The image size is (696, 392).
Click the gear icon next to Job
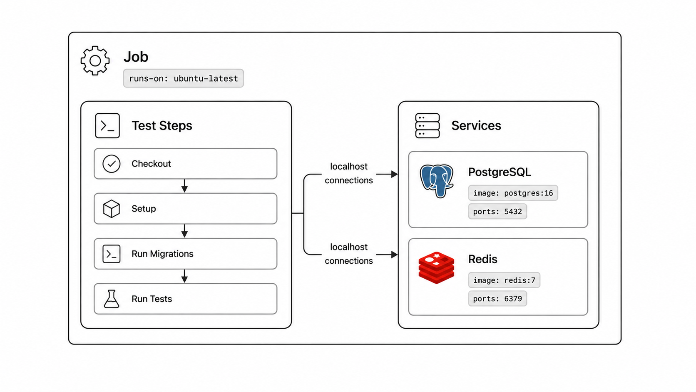[95, 61]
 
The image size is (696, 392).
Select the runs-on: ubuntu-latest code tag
[183, 78]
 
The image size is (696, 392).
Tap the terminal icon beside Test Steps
[107, 125]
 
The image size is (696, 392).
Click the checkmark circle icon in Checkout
[111, 164]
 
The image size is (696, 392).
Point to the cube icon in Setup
[111, 209]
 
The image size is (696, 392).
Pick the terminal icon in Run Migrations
[111, 254]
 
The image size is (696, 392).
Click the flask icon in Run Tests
[111, 299]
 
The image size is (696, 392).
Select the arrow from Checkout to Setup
[184, 186]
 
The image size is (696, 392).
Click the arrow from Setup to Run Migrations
[184, 231]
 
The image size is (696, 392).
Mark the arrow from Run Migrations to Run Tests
[184, 276]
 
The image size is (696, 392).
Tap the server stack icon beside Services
[427, 125]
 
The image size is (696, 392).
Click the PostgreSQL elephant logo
[436, 181]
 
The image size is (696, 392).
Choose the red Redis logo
[436, 268]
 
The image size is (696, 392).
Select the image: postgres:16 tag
[513, 193]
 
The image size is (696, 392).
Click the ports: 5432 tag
[497, 211]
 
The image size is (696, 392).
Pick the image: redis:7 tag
[504, 280]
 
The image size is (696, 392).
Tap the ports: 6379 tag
[497, 298]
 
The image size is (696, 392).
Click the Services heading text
[476, 125]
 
